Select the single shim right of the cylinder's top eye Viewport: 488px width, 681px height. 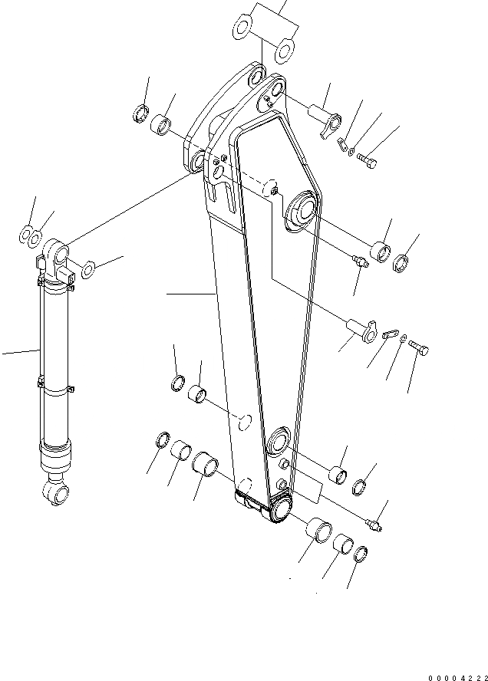click(88, 268)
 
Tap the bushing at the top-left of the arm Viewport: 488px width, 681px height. click(162, 123)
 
